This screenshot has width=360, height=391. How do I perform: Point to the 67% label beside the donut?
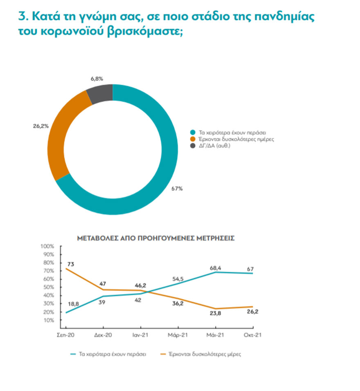177,189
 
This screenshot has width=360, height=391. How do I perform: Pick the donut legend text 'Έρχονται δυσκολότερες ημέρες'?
236,139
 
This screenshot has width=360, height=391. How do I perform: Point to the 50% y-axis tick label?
49,287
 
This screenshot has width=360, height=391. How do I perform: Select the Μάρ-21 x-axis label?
177,335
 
